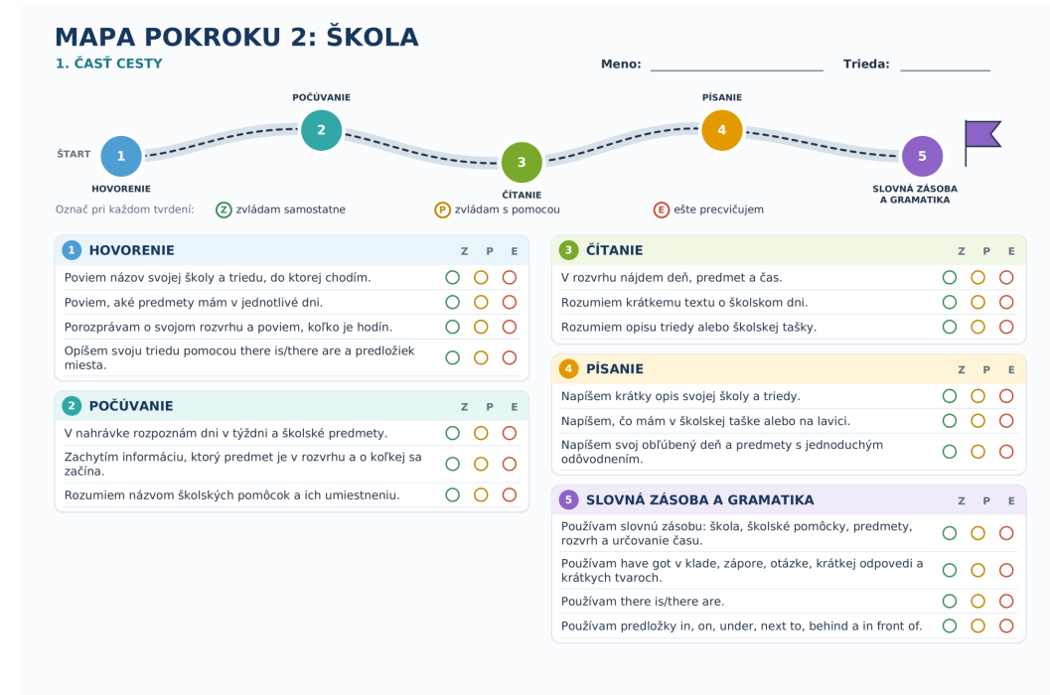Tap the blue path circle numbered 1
tap(121, 156)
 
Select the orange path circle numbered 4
tap(722, 130)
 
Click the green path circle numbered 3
tap(522, 162)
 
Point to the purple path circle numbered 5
tap(922, 156)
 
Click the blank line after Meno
tap(737, 69)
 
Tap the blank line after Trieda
tap(945, 69)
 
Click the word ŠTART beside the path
tap(74, 154)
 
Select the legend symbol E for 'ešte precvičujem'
tap(661, 209)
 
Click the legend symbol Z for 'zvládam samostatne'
tap(224, 209)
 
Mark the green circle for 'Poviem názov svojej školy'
tap(453, 277)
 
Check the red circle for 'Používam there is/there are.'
tap(1006, 602)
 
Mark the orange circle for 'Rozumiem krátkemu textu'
tap(977, 302)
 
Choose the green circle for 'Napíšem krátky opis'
tap(950, 396)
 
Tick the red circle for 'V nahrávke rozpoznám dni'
tap(510, 433)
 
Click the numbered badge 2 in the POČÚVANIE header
tap(72, 406)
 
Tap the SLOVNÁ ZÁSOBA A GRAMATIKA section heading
tap(699, 500)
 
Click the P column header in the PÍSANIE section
tap(986, 369)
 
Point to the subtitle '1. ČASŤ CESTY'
tap(108, 64)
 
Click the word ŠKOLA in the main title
tap(373, 38)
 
